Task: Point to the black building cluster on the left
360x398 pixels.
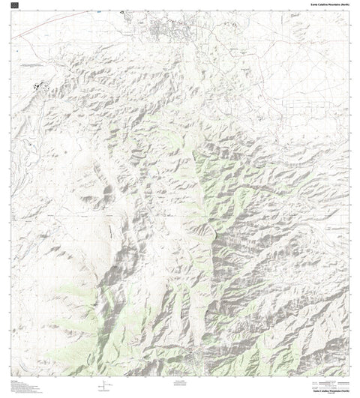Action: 37,87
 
